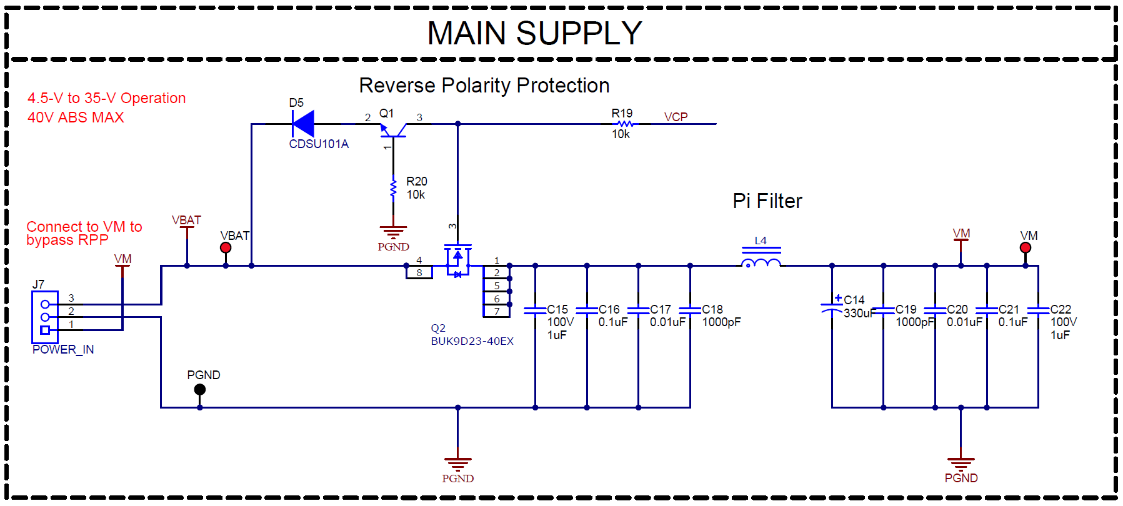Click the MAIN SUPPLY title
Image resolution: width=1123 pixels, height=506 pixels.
click(x=534, y=33)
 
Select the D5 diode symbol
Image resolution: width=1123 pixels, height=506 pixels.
click(x=304, y=124)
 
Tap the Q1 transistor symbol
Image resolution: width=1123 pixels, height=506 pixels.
click(x=393, y=130)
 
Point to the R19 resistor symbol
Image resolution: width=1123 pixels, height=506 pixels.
click(x=624, y=124)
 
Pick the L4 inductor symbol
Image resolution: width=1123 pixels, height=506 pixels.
click(x=761, y=262)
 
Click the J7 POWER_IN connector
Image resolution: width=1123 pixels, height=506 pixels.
click(x=45, y=317)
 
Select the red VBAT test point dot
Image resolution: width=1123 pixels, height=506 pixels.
click(x=226, y=247)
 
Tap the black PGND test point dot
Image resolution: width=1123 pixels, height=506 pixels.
click(x=200, y=389)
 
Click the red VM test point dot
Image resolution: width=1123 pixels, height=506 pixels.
click(x=1026, y=247)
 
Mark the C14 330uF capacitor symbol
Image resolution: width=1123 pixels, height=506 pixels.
click(x=832, y=308)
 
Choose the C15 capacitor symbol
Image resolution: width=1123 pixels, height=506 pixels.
click(x=535, y=310)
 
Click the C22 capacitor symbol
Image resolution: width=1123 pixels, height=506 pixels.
click(x=1038, y=310)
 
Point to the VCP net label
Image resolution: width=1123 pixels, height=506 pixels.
click(x=676, y=117)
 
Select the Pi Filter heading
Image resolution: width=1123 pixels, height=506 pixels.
click(x=767, y=201)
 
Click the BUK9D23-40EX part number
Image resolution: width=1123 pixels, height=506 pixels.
click(x=472, y=341)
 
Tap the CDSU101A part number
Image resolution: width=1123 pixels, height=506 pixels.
click(x=319, y=144)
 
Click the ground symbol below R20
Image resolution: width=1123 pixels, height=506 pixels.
click(x=393, y=232)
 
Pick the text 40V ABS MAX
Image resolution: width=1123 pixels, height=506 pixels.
click(x=76, y=117)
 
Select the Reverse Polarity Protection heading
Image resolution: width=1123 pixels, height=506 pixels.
click(x=484, y=86)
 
